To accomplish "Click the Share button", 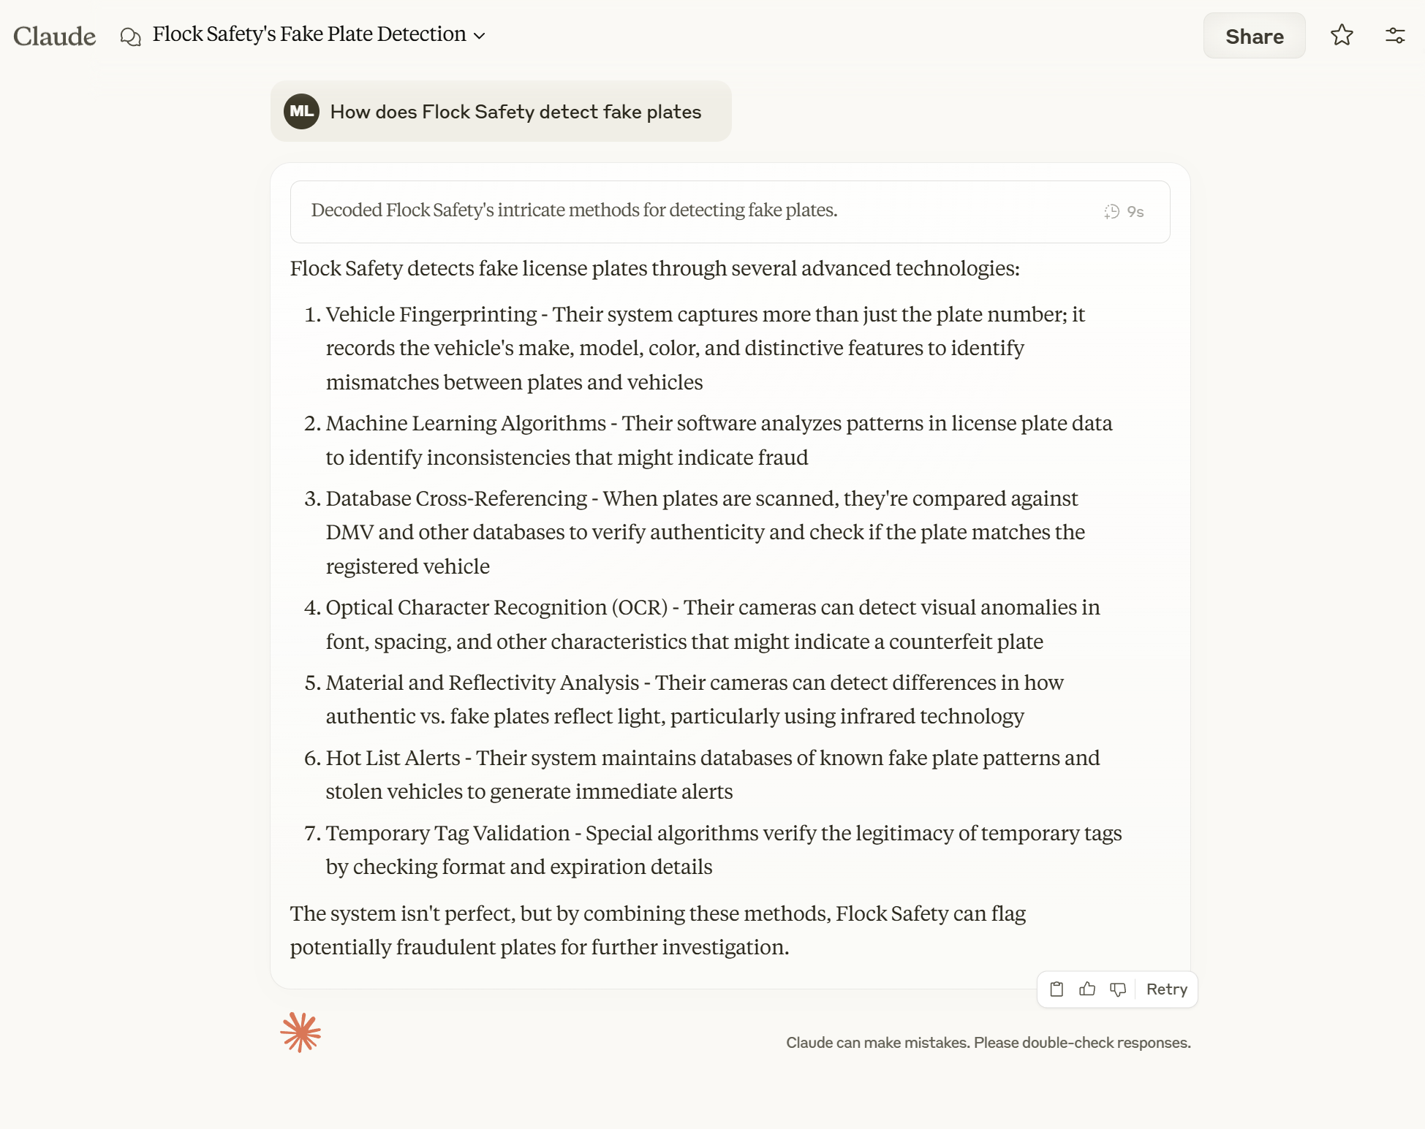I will (1254, 36).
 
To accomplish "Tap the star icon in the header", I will (1342, 35).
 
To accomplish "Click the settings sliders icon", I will (1395, 35).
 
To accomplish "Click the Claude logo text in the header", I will (54, 36).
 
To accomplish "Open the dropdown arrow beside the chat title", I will (480, 36).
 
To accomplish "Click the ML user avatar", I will (301, 111).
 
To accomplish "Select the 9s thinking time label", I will (1135, 212).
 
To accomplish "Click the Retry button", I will (1166, 989).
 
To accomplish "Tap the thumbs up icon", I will (1087, 989).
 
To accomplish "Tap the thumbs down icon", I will (1118, 989).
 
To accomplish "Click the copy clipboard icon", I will (1057, 989).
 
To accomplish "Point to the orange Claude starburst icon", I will (301, 1032).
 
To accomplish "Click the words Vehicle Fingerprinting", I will (431, 314).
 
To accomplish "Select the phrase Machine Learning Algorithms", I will (466, 423).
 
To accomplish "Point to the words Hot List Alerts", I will (393, 758).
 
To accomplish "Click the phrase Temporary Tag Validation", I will (447, 833).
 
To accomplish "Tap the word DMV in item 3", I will (349, 532).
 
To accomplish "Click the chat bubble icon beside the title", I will (130, 36).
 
